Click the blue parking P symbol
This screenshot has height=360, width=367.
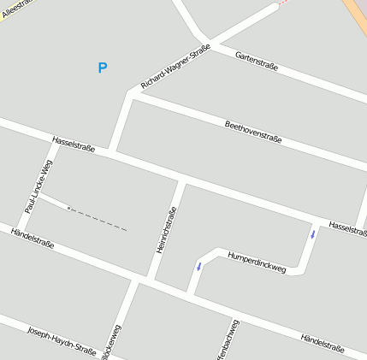point(103,68)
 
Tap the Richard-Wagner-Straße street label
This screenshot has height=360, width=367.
point(175,68)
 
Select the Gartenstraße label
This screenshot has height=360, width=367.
point(257,61)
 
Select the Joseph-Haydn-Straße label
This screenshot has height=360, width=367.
point(62,339)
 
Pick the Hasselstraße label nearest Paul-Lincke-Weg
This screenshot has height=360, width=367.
point(74,144)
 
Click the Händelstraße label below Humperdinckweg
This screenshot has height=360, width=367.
point(322,341)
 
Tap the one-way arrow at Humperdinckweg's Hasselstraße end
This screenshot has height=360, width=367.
point(313,233)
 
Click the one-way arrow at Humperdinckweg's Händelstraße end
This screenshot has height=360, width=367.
point(198,267)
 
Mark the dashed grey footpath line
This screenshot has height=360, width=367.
point(98,219)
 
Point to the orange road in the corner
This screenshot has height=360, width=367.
point(356,13)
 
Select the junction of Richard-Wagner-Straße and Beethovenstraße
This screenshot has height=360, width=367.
point(131,95)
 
